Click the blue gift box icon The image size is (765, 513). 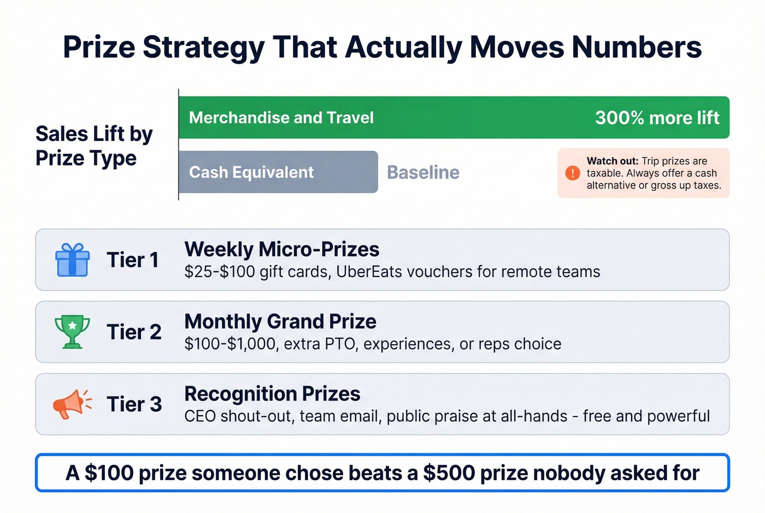pyautogui.click(x=72, y=260)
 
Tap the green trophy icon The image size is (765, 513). pyautogui.click(x=72, y=332)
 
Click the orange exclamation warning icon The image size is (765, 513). pyautogui.click(x=572, y=173)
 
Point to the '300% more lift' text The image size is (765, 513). pyautogui.click(x=657, y=118)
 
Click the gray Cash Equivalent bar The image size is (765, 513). pyautogui.click(x=278, y=172)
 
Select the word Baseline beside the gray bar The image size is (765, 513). pyautogui.click(x=423, y=173)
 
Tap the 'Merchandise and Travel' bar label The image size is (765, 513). pyautogui.click(x=281, y=118)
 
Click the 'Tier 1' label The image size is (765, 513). pyautogui.click(x=133, y=260)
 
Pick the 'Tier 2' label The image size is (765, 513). pyautogui.click(x=134, y=332)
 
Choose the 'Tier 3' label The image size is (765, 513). pyautogui.click(x=134, y=404)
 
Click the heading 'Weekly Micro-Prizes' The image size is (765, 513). pyautogui.click(x=281, y=250)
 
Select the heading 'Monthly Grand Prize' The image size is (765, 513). pyautogui.click(x=280, y=322)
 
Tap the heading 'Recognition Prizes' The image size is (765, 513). pyautogui.click(x=272, y=394)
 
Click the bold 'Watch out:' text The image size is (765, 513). pyautogui.click(x=612, y=161)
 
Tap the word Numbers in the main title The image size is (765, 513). pyautogui.click(x=637, y=47)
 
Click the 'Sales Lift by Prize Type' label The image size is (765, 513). pyautogui.click(x=94, y=146)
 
